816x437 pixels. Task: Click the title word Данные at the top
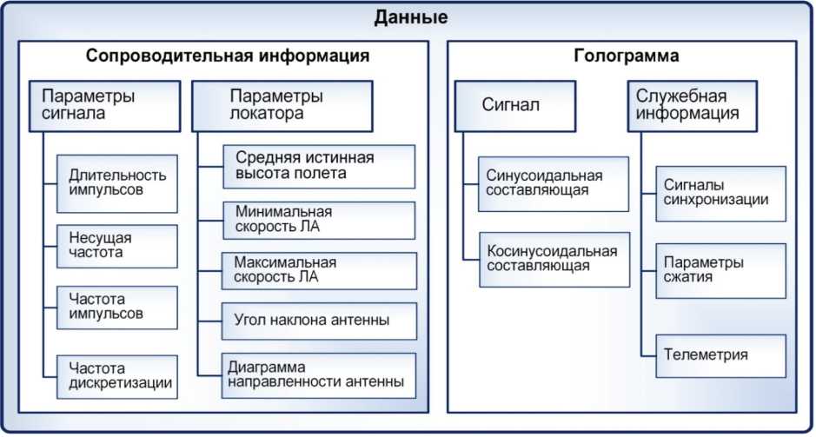pyautogui.click(x=411, y=17)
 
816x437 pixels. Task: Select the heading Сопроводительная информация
pyautogui.click(x=228, y=56)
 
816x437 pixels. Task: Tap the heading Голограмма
pyautogui.click(x=627, y=56)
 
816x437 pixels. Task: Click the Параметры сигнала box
pyautogui.click(x=103, y=104)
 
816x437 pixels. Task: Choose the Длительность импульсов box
pyautogui.click(x=116, y=183)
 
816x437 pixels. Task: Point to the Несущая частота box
pyautogui.click(x=116, y=246)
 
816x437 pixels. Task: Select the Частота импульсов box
pyautogui.click(x=116, y=307)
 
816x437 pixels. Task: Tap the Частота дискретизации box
pyautogui.click(x=116, y=375)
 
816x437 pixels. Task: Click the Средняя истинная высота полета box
pyautogui.click(x=317, y=166)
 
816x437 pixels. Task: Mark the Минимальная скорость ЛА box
pyautogui.click(x=317, y=220)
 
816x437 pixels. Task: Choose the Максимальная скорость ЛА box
pyautogui.click(x=317, y=270)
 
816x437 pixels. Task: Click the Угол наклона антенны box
pyautogui.click(x=317, y=321)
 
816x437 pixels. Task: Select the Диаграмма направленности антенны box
pyautogui.click(x=317, y=374)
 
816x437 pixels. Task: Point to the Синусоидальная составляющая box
pyautogui.click(x=553, y=183)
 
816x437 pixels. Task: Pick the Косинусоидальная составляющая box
pyautogui.click(x=553, y=259)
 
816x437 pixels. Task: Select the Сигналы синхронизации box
pyautogui.click(x=720, y=193)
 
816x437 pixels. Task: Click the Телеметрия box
pyautogui.click(x=720, y=355)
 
